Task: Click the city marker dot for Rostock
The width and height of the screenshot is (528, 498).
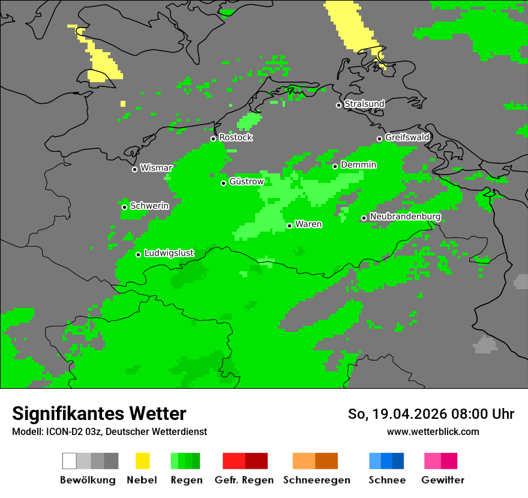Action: tap(213, 139)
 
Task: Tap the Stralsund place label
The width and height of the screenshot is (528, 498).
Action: tap(364, 104)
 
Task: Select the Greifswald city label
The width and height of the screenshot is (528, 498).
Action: tap(407, 137)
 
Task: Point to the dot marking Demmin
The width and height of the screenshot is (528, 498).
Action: tap(335, 166)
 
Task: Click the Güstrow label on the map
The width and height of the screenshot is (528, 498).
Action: tap(246, 181)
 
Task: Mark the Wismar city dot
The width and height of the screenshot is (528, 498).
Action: tap(134, 169)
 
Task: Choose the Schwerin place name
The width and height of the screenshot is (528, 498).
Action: tap(149, 206)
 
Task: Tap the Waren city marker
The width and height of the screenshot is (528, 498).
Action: tap(289, 226)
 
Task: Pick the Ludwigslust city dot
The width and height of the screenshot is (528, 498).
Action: tap(138, 254)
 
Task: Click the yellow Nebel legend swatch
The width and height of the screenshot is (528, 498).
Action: tap(142, 461)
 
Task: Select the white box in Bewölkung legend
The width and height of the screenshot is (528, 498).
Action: tap(70, 461)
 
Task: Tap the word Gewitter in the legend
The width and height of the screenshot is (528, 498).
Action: tap(442, 480)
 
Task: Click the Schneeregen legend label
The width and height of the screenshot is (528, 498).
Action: tap(317, 480)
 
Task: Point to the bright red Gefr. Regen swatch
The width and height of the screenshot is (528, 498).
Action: tap(234, 461)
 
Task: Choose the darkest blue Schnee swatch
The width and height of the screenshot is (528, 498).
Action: tap(398, 461)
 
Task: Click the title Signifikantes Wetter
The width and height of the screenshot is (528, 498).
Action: tap(99, 413)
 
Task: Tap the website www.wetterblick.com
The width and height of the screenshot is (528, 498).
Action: tap(433, 431)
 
